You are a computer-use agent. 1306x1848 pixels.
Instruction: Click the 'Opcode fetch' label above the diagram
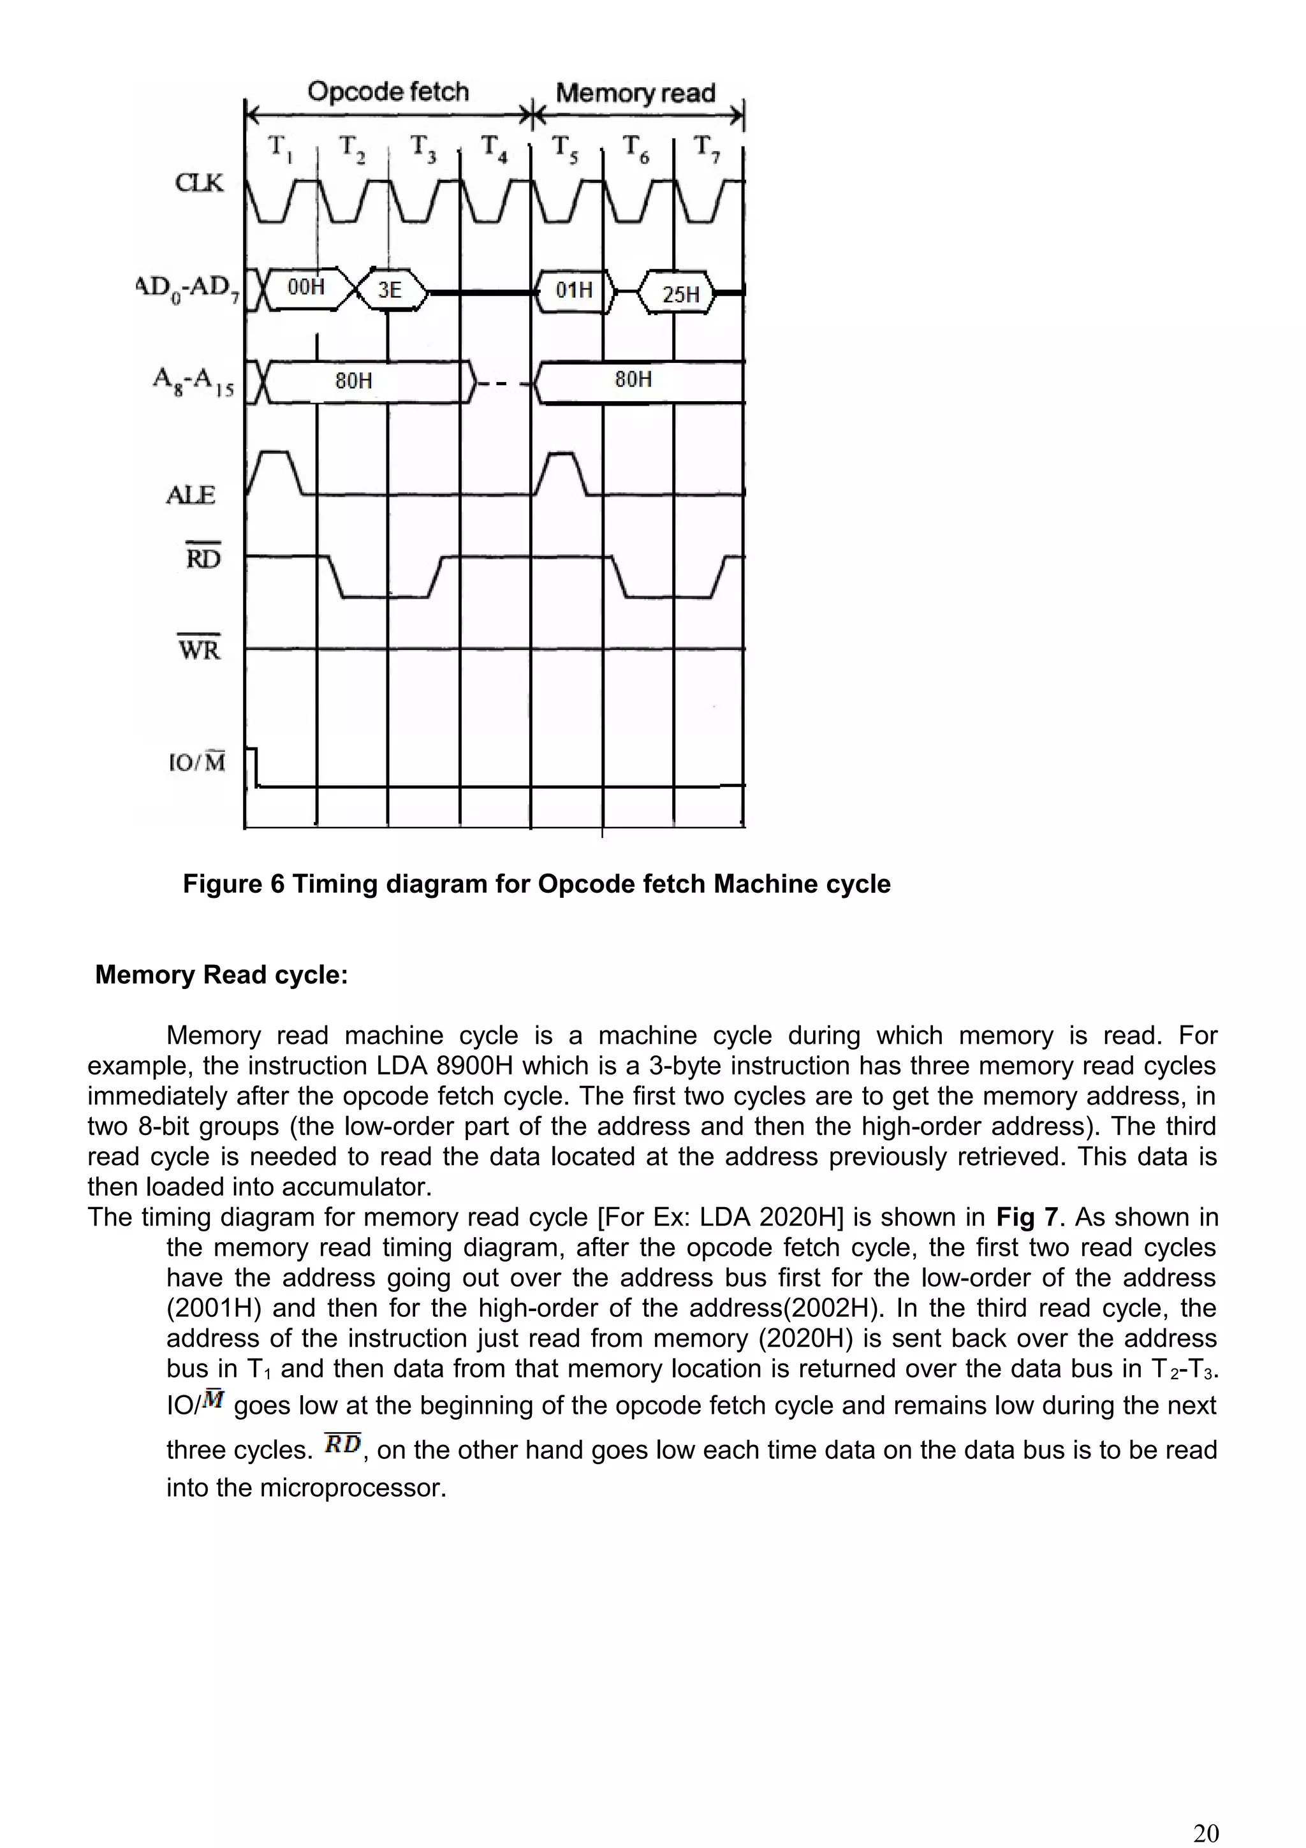click(388, 92)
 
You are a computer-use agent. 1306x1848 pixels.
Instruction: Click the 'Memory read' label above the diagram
click(635, 93)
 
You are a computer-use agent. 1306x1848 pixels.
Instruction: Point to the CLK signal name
click(200, 184)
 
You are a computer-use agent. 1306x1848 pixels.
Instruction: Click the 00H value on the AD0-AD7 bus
click(306, 286)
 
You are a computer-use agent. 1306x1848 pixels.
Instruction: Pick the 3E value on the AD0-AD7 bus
click(390, 290)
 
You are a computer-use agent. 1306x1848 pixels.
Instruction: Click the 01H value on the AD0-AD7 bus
click(574, 290)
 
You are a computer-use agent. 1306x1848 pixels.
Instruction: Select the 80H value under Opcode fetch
click(353, 380)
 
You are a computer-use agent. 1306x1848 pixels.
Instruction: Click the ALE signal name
click(191, 495)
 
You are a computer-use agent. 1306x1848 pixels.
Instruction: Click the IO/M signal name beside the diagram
click(197, 761)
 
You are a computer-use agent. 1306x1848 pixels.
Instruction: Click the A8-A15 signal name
click(193, 381)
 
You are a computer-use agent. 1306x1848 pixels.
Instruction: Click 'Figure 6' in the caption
click(233, 884)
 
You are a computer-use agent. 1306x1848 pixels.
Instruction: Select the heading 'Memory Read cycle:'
click(221, 975)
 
